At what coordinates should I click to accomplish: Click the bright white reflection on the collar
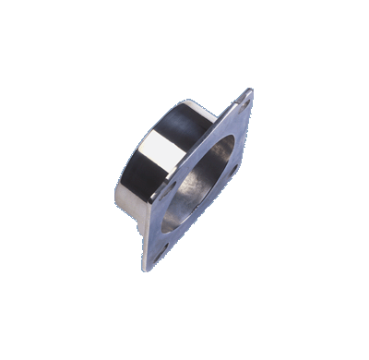pos(163,144)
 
